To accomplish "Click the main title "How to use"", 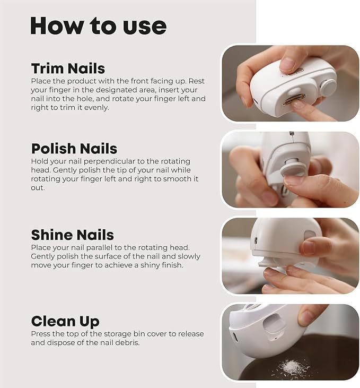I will (98, 26).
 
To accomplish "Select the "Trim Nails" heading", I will (68, 68).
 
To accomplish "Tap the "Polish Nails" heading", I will (74, 149).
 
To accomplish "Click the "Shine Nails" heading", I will (72, 235).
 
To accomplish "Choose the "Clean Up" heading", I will (65, 321).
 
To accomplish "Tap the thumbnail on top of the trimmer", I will (287, 64).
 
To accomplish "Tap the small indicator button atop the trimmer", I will (299, 71).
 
